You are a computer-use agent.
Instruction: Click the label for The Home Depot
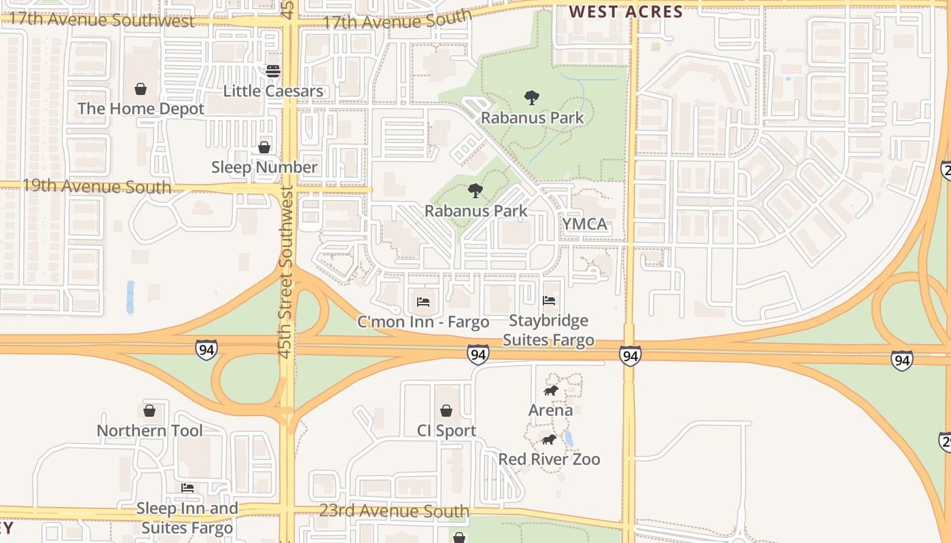click(141, 109)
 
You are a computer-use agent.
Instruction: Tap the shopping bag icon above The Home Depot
click(141, 89)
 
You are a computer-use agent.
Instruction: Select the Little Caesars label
click(273, 91)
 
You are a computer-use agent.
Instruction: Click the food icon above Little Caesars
click(273, 71)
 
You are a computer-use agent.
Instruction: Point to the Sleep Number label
click(264, 167)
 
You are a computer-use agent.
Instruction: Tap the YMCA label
click(584, 224)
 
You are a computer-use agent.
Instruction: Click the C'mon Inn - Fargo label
click(423, 322)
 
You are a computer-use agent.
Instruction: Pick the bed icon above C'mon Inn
click(423, 301)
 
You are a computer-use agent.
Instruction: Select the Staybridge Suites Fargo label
click(549, 330)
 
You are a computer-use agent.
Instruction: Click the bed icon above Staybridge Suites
click(549, 300)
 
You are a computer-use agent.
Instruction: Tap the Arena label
click(551, 410)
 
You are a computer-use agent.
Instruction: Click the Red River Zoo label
click(549, 459)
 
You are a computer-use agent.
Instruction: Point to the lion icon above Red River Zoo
click(549, 440)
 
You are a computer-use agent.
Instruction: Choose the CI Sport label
click(446, 430)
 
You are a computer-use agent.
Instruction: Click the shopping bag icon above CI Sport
click(446, 411)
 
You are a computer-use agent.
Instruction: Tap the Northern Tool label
click(149, 430)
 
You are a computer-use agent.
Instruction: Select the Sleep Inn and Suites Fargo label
click(187, 518)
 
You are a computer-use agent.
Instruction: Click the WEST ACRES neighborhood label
click(626, 12)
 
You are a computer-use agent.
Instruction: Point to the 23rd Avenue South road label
click(394, 511)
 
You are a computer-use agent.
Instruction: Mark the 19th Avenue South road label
click(96, 186)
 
